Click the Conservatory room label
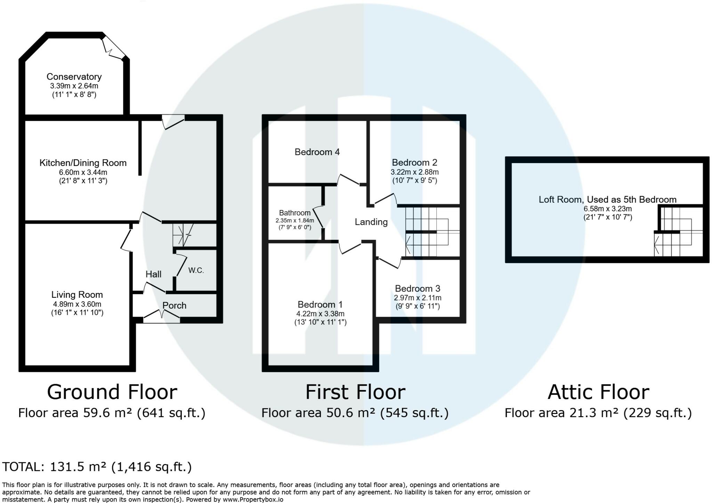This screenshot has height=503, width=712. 74,77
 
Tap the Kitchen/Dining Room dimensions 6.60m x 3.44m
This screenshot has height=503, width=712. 83,172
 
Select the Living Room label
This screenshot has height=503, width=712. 77,295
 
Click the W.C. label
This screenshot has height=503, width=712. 196,270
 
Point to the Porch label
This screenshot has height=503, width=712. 175,305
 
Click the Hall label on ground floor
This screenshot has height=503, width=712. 153,274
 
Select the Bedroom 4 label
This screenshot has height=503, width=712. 317,152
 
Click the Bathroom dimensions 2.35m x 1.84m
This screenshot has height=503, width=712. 295,221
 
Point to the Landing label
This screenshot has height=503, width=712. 371,222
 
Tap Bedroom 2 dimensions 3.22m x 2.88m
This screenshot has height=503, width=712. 414,172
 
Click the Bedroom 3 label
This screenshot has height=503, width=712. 418,288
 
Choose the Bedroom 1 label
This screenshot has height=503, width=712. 320,304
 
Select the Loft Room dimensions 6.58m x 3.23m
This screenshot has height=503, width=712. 607,209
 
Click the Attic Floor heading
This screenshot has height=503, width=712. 598,392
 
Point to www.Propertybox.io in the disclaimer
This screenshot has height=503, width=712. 253,500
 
